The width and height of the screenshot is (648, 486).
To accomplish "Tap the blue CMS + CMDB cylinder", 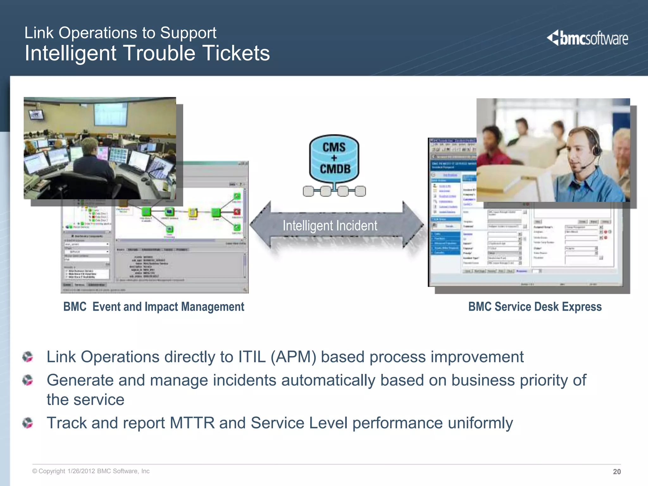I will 334,158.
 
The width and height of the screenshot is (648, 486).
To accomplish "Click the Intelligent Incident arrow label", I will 330,226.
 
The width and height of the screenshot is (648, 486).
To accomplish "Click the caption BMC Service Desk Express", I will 535,307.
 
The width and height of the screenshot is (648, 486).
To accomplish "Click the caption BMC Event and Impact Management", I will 154,307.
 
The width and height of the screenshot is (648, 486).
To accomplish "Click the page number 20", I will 617,471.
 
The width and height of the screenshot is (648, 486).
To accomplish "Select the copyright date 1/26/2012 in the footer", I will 81,471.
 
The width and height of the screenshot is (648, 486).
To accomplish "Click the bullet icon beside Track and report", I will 28,423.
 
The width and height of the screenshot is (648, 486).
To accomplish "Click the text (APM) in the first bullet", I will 293,357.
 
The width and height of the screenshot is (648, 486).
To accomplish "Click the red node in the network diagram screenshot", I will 237,211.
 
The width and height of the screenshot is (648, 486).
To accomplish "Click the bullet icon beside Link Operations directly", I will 28,357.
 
